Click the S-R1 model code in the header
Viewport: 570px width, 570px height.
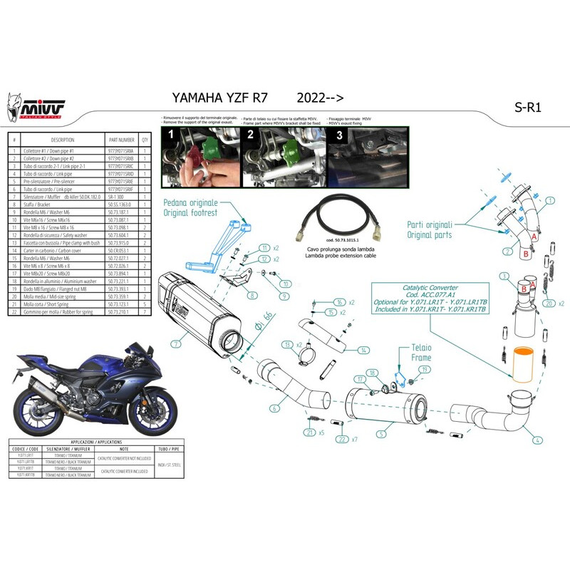click(x=528, y=108)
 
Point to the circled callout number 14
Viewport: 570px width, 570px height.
click(x=363, y=350)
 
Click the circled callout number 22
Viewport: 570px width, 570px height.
click(x=343, y=440)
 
